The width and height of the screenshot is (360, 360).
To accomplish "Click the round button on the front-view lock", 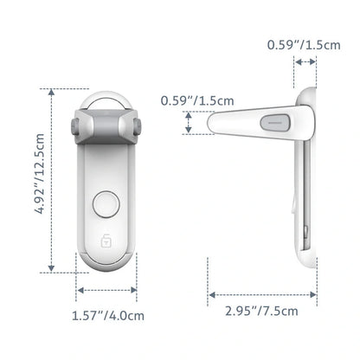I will (106, 206).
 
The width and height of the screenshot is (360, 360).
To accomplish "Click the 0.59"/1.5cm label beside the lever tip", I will (197, 100).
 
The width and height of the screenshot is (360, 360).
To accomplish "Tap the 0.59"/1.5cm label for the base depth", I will (302, 43).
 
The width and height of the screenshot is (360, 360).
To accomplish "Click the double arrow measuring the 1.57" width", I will (106, 291).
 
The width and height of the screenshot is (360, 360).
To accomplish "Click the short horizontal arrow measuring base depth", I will (304, 62).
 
